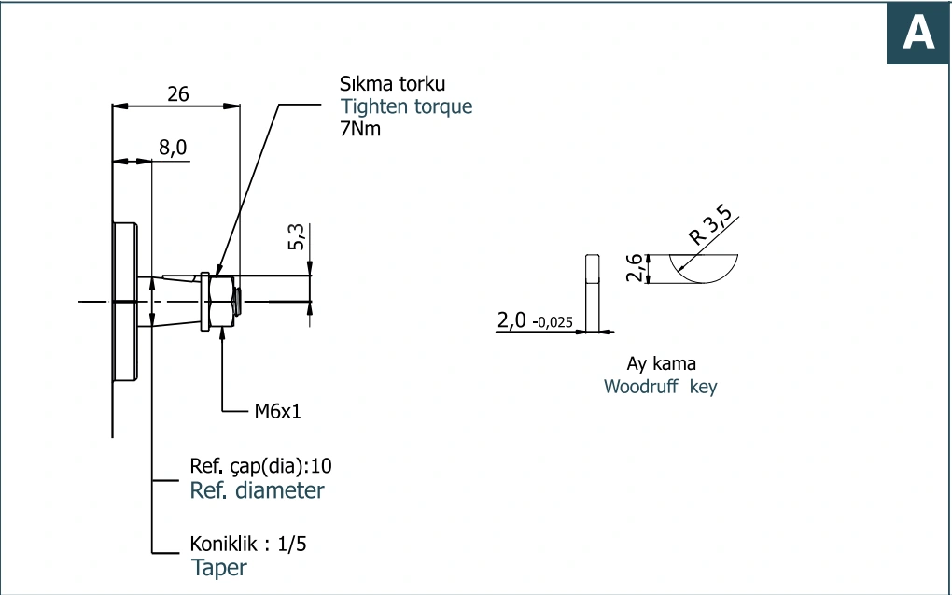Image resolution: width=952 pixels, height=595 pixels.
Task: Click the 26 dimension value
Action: point(178,93)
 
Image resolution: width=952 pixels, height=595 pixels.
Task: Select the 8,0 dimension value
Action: point(173,148)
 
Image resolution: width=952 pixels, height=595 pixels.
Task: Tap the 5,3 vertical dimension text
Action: point(296,237)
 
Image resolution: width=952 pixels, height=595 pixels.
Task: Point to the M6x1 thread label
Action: point(277,411)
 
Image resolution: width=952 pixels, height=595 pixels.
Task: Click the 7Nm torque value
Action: point(360,128)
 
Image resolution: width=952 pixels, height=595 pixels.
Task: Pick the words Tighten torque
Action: point(406,106)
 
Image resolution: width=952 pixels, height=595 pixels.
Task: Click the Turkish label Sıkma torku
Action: point(392,83)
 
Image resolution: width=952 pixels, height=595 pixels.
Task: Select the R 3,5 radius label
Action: point(711,225)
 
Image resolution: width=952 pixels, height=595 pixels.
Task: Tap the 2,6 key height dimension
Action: point(634,268)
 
